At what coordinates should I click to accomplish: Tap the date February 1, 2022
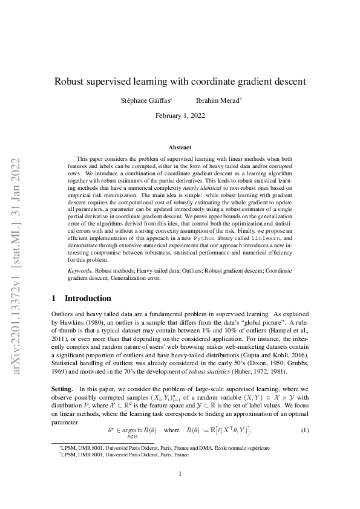[179, 115]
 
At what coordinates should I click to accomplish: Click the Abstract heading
[180, 148]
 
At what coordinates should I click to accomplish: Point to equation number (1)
[305, 430]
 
